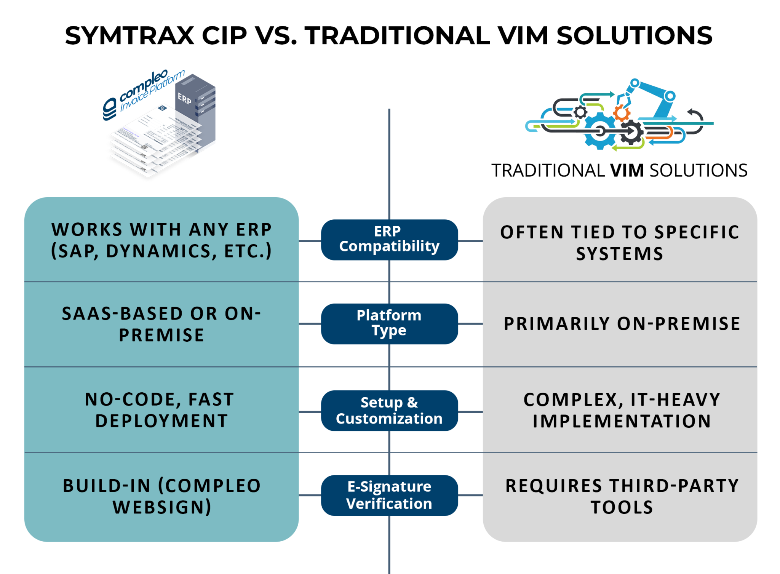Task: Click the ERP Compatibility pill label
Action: [x=389, y=240]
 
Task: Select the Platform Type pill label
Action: [x=389, y=323]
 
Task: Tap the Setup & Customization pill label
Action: [x=389, y=411]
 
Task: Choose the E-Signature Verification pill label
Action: [x=389, y=495]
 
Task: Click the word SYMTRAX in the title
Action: [x=129, y=35]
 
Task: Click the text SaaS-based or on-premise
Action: [x=161, y=324]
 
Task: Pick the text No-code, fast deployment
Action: [x=160, y=410]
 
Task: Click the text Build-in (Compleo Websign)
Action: [x=161, y=496]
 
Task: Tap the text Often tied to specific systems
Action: [x=620, y=243]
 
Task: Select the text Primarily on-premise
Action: [x=622, y=323]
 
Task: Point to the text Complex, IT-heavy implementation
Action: [x=622, y=410]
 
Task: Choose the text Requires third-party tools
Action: [x=622, y=496]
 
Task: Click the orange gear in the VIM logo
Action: [x=622, y=113]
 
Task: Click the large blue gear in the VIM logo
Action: [x=599, y=131]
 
